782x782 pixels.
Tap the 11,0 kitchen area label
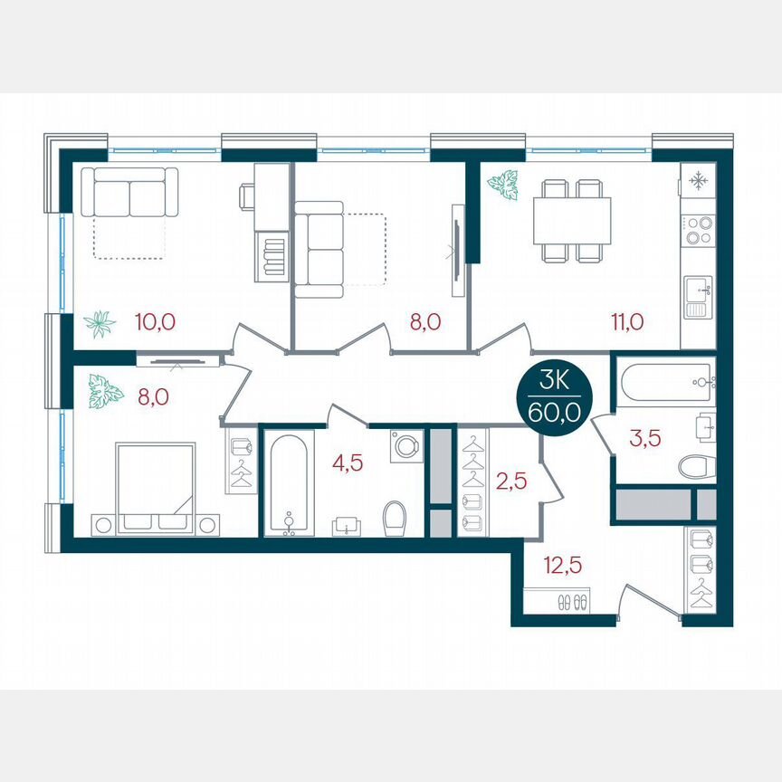point(626,321)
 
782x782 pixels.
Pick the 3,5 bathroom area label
point(644,440)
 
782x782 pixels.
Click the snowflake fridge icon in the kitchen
point(698,181)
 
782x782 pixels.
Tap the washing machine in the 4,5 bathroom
point(406,445)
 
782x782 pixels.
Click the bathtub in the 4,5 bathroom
point(289,485)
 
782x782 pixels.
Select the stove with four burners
point(698,231)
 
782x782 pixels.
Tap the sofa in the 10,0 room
point(129,192)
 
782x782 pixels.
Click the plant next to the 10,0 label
point(99,323)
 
